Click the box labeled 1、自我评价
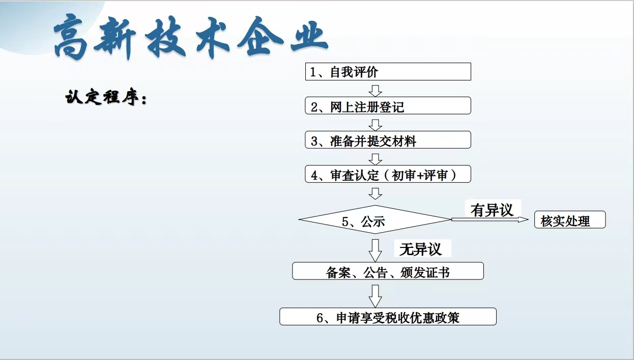[x=388, y=72]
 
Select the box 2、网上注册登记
[x=388, y=105]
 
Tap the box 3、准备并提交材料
[x=388, y=140]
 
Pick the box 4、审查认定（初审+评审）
[x=388, y=174]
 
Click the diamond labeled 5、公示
[x=376, y=219]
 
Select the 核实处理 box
[x=570, y=219]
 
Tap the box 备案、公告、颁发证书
[x=388, y=271]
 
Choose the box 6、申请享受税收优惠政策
[x=388, y=316]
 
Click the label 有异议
[x=492, y=210]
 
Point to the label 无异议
[x=420, y=250]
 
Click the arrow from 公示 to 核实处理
[x=490, y=219]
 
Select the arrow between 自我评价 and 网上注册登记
[x=376, y=91]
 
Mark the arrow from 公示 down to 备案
[x=376, y=251]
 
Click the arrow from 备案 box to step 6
[x=376, y=296]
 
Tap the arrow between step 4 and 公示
[x=376, y=193]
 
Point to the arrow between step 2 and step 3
[x=376, y=125]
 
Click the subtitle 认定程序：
[x=106, y=97]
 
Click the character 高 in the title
[x=71, y=37]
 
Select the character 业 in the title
[x=309, y=36]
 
